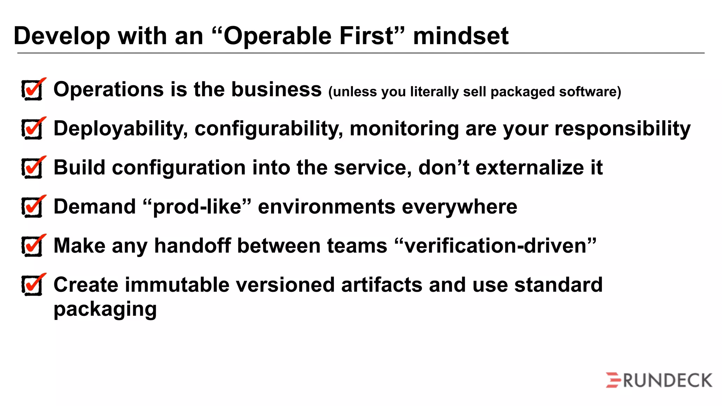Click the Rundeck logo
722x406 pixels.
[x=659, y=380]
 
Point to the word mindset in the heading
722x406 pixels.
[x=460, y=36]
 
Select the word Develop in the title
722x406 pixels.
[x=62, y=37]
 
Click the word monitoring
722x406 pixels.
[x=404, y=129]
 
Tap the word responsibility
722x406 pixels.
[x=622, y=129]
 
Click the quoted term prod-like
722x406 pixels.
[x=197, y=207]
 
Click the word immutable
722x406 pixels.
[x=177, y=285]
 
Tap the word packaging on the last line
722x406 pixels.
[x=105, y=309]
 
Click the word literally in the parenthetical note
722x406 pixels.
[x=435, y=92]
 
